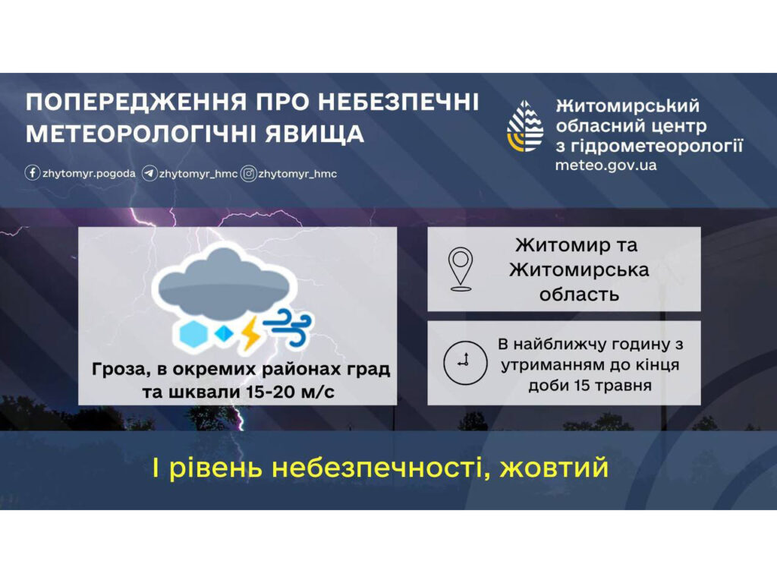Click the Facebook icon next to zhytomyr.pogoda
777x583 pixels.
click(32, 173)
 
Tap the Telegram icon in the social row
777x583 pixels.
click(149, 174)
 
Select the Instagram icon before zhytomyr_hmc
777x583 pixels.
click(248, 174)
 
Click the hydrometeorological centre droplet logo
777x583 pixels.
click(525, 126)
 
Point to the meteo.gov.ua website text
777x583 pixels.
click(606, 165)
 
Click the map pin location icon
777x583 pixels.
click(461, 269)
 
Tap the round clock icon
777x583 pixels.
click(465, 362)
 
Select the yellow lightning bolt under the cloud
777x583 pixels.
click(250, 333)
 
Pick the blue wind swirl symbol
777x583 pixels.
click(288, 326)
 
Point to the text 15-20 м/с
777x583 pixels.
click(285, 392)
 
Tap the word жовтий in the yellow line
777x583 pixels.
click(554, 468)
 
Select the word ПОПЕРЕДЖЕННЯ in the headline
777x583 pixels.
click(135, 102)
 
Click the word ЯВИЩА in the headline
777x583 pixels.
click(314, 134)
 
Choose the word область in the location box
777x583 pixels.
click(579, 295)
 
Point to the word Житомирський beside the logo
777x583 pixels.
click(628, 106)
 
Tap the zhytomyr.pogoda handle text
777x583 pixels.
click(89, 174)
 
